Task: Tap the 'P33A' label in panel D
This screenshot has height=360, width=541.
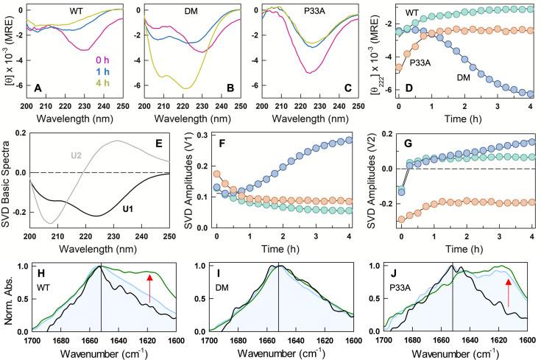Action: point(419,63)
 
